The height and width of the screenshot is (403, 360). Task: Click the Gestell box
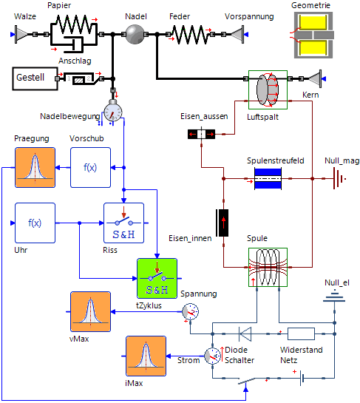pyautogui.click(x=33, y=77)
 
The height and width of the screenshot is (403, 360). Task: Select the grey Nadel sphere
pyautogui.click(x=135, y=34)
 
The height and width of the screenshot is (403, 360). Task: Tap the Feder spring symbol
pyautogui.click(x=189, y=34)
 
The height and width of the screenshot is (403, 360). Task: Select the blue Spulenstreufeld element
pyautogui.click(x=267, y=179)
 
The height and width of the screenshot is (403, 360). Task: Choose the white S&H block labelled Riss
pyautogui.click(x=123, y=222)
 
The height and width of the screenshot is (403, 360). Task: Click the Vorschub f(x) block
pyautogui.click(x=89, y=167)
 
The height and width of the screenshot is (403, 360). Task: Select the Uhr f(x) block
pyautogui.click(x=35, y=223)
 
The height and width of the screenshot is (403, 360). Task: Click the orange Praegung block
pyautogui.click(x=35, y=167)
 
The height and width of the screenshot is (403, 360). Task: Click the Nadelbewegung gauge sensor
pyautogui.click(x=114, y=111)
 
